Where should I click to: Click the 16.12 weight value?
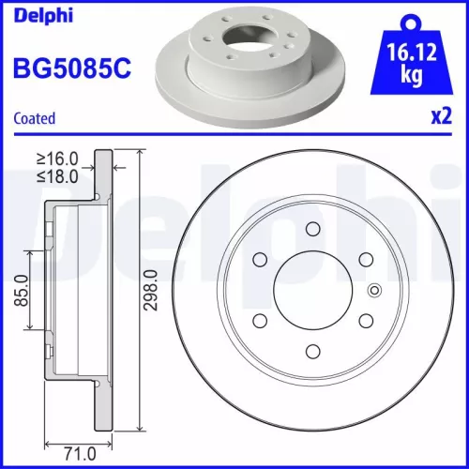click(x=413, y=55)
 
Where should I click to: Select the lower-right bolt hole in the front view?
click(x=366, y=323)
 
